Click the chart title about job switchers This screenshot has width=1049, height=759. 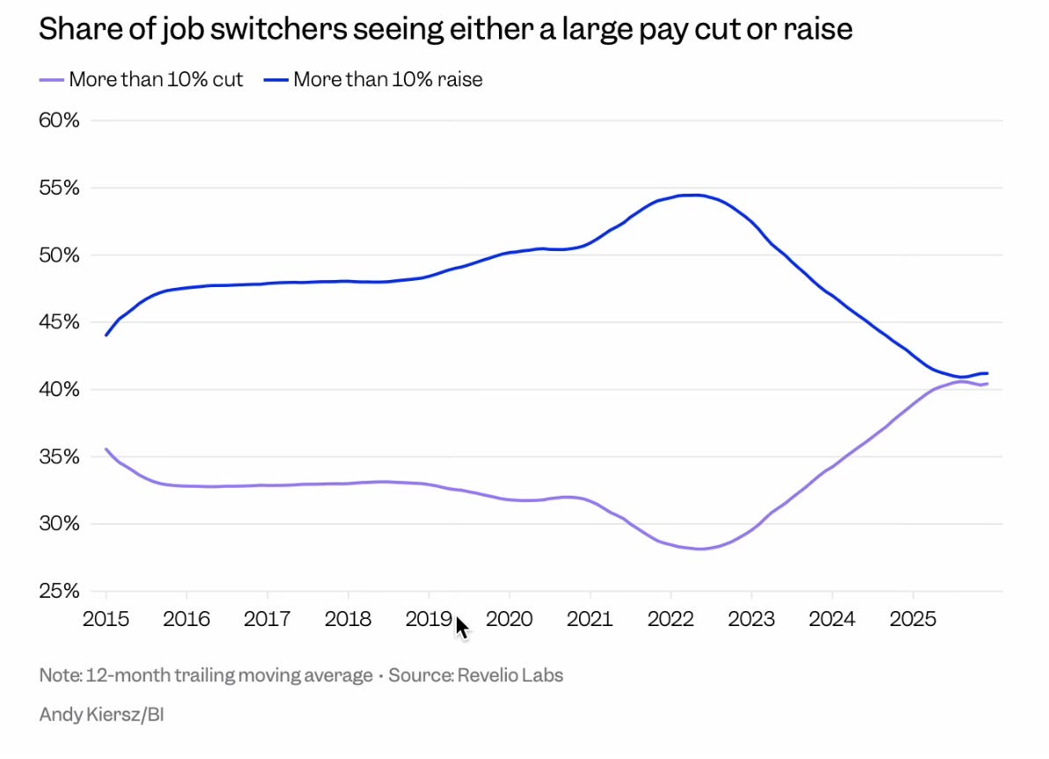pos(445,29)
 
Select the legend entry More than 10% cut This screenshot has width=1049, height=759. pos(156,79)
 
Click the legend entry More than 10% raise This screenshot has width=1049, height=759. pos(388,79)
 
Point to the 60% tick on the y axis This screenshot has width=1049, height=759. pos(59,120)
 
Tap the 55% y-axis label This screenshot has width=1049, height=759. pos(59,188)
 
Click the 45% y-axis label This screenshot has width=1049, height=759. pos(59,322)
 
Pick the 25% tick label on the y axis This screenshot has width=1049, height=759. pos(59,591)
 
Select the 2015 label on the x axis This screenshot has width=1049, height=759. pos(106,619)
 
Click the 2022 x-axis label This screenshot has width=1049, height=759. pos(671,619)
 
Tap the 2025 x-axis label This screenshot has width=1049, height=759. pos(913,619)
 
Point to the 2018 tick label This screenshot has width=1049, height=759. pos(348,619)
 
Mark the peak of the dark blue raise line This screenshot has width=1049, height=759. pos(695,195)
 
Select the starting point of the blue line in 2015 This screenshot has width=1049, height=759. pos(106,335)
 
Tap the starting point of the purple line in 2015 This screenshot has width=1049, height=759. pos(106,449)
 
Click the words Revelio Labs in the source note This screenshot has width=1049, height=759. pos(515,675)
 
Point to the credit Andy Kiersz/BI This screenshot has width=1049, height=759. pos(101,714)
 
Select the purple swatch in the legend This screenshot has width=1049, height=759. pos(52,79)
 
